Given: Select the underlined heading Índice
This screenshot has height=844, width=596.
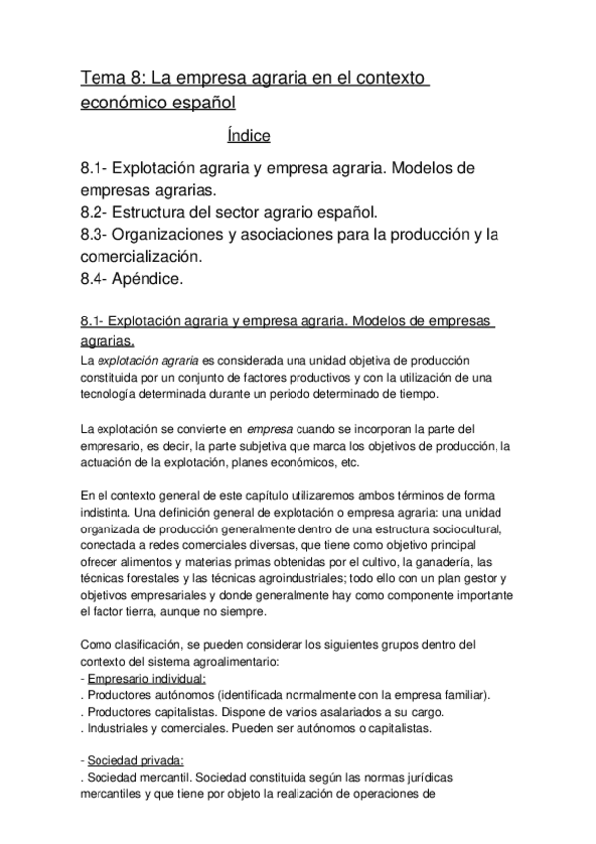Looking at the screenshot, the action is tap(249, 136).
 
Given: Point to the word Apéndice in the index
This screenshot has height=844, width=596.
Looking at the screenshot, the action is tap(149, 279).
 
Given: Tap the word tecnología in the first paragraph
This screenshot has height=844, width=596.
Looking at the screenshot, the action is tap(109, 394).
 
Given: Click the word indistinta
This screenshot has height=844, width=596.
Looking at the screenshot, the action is tap(109, 513).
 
